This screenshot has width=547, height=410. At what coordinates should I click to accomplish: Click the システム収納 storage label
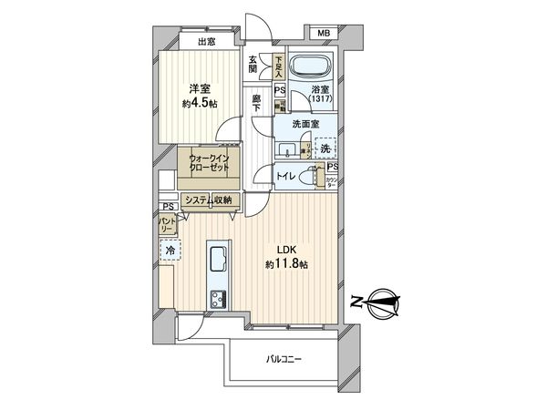click(x=208, y=200)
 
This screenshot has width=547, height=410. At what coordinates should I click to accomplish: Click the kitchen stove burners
click(x=220, y=298)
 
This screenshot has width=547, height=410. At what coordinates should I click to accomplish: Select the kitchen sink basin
click(x=219, y=261)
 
